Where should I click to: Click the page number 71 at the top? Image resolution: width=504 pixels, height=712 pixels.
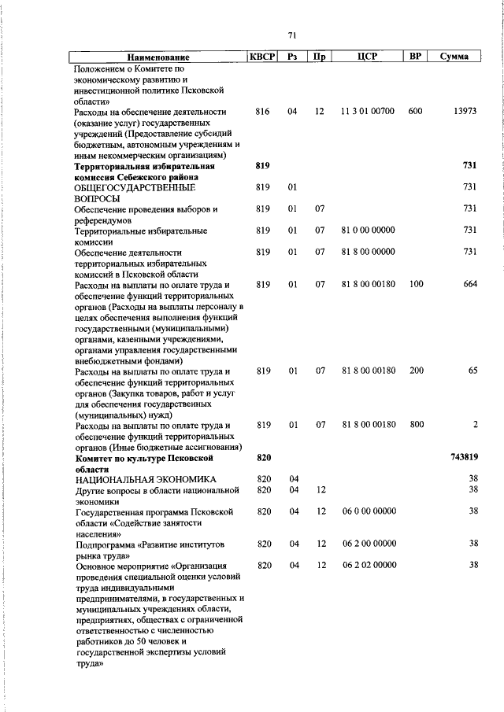(291, 35)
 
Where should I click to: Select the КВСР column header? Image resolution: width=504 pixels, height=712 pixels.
(263, 57)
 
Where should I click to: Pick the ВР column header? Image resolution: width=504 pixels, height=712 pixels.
(415, 57)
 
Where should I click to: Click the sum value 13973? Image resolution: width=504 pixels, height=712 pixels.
(465, 112)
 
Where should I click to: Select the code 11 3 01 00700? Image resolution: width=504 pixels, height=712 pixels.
(368, 112)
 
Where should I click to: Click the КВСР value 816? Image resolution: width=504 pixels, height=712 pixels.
(263, 112)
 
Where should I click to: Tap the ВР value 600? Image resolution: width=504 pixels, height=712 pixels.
(416, 112)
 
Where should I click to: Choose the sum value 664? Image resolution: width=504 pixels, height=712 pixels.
(470, 285)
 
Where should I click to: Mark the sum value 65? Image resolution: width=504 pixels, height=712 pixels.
(472, 370)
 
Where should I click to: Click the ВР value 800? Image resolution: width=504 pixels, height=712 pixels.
(416, 425)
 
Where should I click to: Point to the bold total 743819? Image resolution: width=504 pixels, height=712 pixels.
(464, 457)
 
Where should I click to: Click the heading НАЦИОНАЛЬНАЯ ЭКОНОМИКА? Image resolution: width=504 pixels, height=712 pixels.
(144, 479)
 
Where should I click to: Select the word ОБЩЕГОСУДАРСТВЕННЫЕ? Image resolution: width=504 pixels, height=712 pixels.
(134, 189)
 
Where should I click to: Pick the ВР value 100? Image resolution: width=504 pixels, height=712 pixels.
(416, 285)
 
